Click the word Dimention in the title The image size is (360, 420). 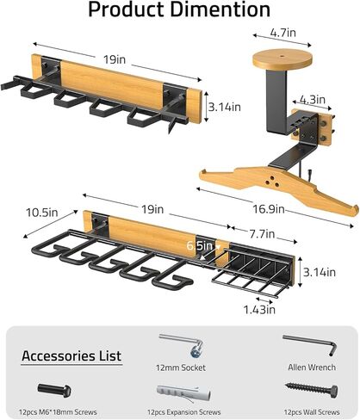[x=220, y=9]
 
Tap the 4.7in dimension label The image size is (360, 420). [x=282, y=33]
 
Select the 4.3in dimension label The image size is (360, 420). [x=313, y=100]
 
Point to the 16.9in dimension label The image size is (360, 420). [x=269, y=209]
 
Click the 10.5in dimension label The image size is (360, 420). [x=42, y=213]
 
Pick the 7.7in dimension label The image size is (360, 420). [x=262, y=234]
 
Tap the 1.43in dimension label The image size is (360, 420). [x=259, y=310]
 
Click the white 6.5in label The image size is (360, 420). [x=200, y=245]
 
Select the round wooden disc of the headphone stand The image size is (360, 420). [x=282, y=59]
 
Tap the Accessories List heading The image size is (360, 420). [x=71, y=356]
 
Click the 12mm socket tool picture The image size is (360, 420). [x=181, y=344]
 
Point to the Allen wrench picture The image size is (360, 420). [x=310, y=344]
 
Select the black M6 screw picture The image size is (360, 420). [x=54, y=391]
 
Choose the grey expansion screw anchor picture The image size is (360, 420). [x=183, y=393]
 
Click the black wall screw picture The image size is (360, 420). [x=312, y=390]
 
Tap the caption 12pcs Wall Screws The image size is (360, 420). [x=312, y=412]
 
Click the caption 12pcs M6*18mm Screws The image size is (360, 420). [x=58, y=412]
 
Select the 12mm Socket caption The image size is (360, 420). [x=181, y=367]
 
